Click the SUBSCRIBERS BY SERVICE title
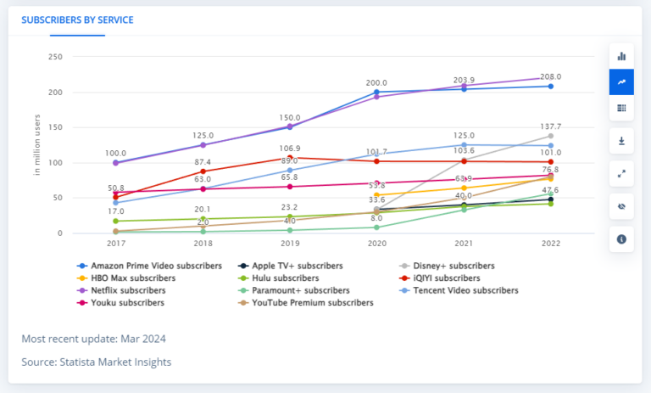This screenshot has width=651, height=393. point(77,19)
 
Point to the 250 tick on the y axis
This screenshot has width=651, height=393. point(55,57)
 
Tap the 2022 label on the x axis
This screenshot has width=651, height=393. point(552,243)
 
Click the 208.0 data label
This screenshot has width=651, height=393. point(551,76)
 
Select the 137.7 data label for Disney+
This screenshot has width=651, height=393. point(551,126)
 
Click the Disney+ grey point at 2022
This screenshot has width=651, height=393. point(551,136)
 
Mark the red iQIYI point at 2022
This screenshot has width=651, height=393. point(551,161)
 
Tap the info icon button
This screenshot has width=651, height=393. point(621,239)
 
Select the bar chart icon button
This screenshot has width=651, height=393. point(621,56)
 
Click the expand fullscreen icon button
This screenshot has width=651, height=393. point(621,174)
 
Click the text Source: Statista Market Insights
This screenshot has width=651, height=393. point(96,362)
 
